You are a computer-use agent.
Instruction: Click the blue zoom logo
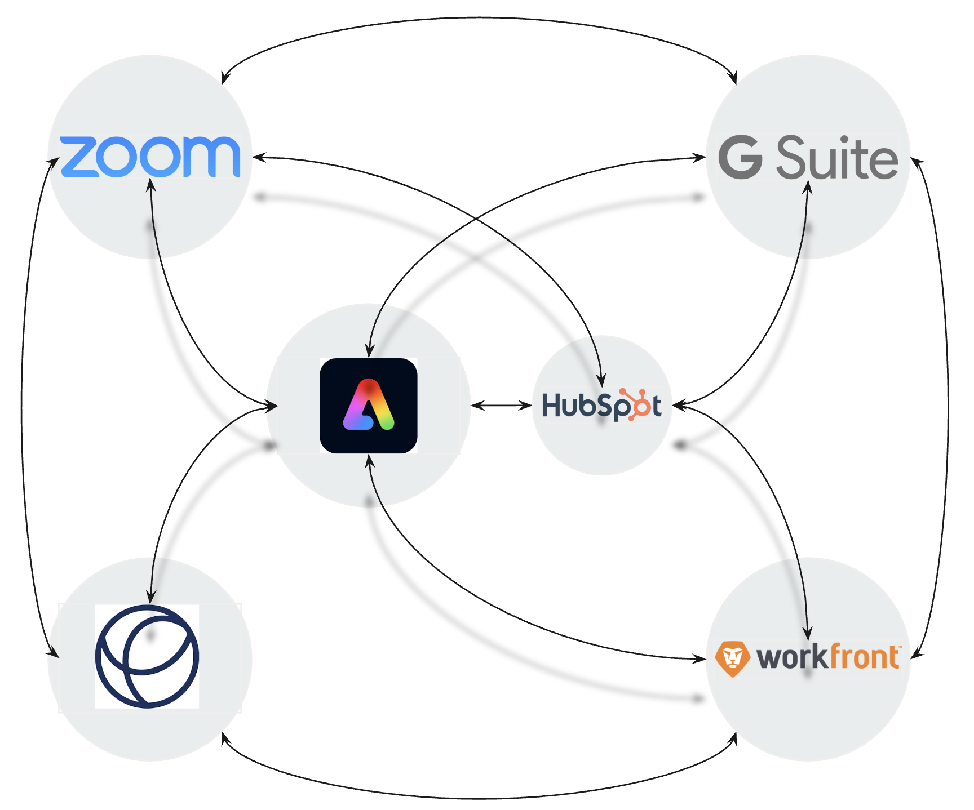(x=150, y=157)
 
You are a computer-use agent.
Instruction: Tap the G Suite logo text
(x=808, y=158)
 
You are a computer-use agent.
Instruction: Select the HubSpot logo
(x=601, y=405)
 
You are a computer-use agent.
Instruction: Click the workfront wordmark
(x=827, y=657)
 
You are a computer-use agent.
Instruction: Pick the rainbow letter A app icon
(x=368, y=406)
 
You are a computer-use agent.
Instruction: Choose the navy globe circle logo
(x=147, y=656)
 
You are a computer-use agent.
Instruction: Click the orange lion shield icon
(x=732, y=658)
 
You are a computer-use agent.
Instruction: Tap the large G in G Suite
(x=740, y=157)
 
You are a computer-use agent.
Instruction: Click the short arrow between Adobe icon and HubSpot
(x=501, y=405)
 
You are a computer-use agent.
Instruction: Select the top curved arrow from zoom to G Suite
(x=479, y=19)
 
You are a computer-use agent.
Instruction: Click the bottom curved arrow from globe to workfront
(x=479, y=798)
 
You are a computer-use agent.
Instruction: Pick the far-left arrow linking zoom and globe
(x=23, y=406)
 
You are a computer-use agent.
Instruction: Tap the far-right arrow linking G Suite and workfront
(x=948, y=406)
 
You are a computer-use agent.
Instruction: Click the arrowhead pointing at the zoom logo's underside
(x=150, y=185)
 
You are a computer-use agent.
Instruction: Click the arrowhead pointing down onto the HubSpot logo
(x=602, y=380)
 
